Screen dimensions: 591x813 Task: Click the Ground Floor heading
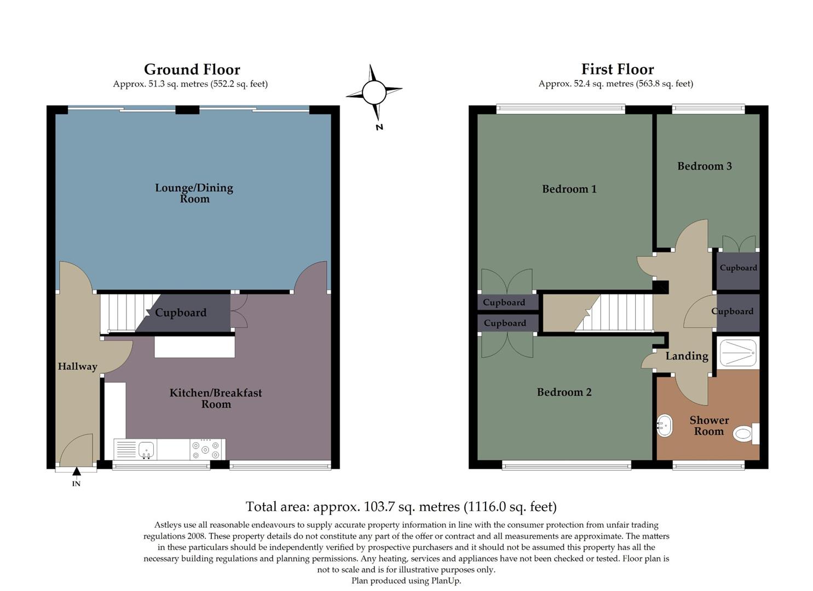point(192,69)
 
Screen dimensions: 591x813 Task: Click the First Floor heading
point(617,69)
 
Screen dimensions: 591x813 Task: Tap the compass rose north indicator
point(374,92)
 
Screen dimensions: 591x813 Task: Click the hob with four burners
point(207,450)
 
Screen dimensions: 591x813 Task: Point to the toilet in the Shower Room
point(745,434)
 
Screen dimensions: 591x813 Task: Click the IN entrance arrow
point(77,471)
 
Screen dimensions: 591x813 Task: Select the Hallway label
point(77,367)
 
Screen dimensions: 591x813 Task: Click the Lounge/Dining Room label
point(194,193)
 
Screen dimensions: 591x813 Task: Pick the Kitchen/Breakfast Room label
point(216,398)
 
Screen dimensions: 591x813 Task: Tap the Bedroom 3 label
point(704,166)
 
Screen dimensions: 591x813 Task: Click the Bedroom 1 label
point(569,189)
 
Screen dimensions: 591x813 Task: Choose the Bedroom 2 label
point(564,392)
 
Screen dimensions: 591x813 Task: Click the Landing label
point(687,356)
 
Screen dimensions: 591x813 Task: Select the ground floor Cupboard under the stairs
point(181,313)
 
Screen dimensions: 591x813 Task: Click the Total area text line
point(401,507)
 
